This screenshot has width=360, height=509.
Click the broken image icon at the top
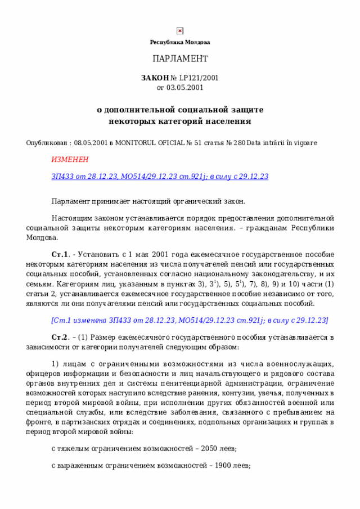180,31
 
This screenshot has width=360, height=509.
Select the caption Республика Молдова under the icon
180,42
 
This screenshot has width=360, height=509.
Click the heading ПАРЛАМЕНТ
180,59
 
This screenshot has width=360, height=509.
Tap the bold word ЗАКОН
154,78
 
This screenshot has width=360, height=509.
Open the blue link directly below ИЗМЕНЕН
160,177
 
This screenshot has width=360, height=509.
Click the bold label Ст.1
60,253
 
